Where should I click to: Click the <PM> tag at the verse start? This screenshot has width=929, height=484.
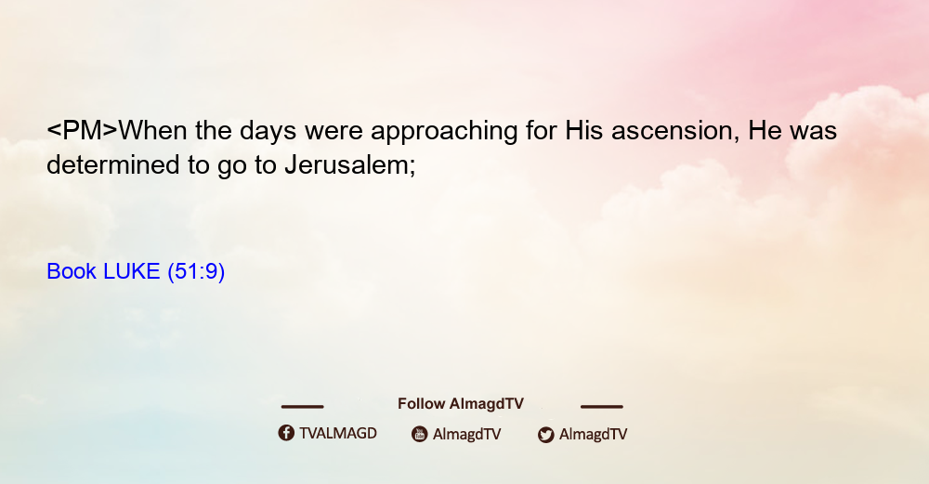tap(83, 130)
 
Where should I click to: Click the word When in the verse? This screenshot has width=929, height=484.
tap(153, 130)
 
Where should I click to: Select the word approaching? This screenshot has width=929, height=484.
tap(444, 132)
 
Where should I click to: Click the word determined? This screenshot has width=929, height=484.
tap(112, 164)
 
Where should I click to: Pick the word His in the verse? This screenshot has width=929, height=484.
tap(584, 130)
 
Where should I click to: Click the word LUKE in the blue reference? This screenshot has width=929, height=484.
tap(132, 271)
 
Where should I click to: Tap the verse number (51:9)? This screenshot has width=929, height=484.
tap(196, 272)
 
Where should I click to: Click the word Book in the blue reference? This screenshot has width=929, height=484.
tap(72, 271)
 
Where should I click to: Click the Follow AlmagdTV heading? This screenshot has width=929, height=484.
tap(461, 404)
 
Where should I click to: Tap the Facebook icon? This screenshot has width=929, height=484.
tap(286, 433)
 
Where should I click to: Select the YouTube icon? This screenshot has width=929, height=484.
tap(420, 434)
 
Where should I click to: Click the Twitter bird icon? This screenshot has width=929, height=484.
tap(545, 435)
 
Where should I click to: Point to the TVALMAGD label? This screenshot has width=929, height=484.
tap(338, 434)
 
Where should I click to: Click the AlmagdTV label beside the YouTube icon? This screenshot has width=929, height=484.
tap(467, 435)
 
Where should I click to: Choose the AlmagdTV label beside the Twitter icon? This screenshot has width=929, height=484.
tap(593, 435)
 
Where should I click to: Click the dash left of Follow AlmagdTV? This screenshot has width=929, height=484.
tap(302, 406)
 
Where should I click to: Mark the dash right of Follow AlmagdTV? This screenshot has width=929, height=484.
tap(602, 406)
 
